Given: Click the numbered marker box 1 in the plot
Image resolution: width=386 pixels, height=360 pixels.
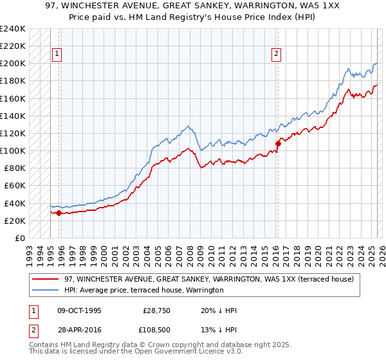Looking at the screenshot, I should [x=57, y=55].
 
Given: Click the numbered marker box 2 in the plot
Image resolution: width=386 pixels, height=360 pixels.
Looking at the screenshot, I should [x=276, y=55].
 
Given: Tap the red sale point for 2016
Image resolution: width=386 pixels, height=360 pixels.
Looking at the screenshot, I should [x=278, y=143].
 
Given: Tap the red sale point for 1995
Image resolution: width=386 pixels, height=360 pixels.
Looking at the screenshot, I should [x=59, y=213].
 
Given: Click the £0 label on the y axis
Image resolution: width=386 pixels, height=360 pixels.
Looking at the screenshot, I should [x=19, y=238].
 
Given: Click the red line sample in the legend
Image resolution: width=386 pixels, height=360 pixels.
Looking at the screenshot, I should [x=46, y=279].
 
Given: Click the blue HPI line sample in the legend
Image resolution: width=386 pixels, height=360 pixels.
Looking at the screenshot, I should [x=46, y=291].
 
